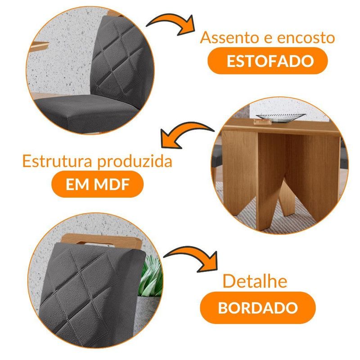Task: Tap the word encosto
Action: coord(306,38)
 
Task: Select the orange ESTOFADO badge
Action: coord(267,61)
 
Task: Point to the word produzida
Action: coord(135,162)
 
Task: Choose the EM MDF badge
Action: coord(98,184)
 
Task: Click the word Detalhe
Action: coord(255,281)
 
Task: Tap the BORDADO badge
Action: coord(258,308)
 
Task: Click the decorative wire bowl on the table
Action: coord(280,116)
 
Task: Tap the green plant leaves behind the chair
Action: coord(152,277)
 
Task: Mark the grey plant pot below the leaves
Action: coord(148,315)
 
